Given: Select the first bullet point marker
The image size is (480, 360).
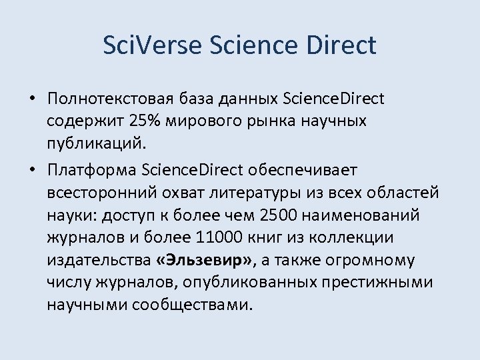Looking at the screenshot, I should (31, 99).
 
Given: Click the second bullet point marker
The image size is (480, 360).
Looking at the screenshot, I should (31, 170).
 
